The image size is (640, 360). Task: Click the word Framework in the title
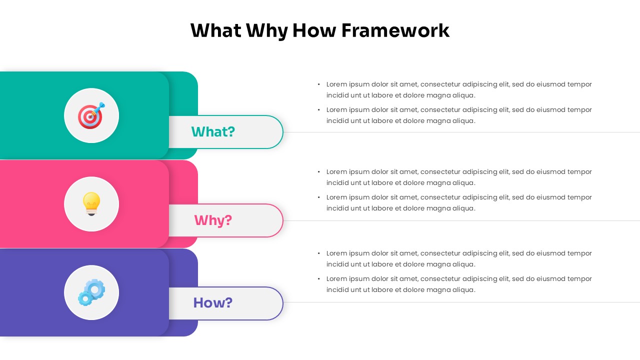(x=395, y=30)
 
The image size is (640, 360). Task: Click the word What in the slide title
(x=215, y=30)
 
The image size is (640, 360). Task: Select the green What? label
(x=213, y=132)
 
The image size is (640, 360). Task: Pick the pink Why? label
(x=213, y=220)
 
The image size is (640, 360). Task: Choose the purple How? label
(x=213, y=303)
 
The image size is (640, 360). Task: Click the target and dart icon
(x=91, y=115)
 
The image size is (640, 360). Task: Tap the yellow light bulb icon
(x=91, y=203)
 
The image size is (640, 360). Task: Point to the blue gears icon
(x=91, y=292)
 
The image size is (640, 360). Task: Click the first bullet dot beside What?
(x=319, y=84)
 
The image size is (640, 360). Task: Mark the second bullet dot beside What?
(x=319, y=110)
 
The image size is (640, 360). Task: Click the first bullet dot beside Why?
(x=319, y=172)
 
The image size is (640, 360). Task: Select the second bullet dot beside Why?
(x=319, y=197)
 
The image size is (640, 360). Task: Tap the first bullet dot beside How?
(x=319, y=253)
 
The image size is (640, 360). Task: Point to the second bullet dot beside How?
(x=319, y=279)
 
